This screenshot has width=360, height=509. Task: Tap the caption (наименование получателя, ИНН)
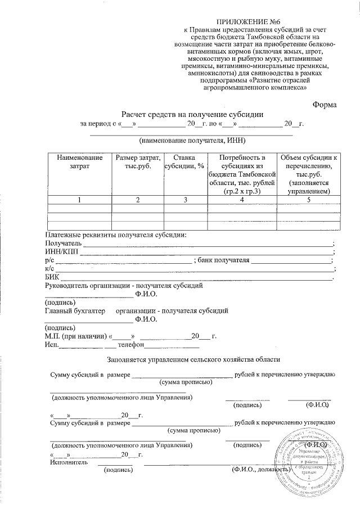click(192, 140)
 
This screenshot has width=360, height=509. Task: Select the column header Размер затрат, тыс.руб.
click(137, 161)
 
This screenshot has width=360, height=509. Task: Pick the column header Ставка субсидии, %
click(184, 161)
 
